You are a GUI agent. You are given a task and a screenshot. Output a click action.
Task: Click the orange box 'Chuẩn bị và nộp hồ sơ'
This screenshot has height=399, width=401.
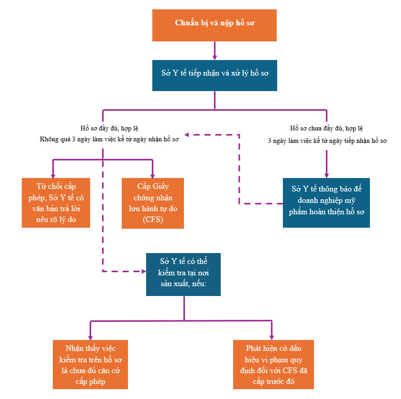pos(214,25)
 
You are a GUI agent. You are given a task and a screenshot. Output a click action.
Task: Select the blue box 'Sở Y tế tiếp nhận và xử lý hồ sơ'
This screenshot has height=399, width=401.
pos(214,76)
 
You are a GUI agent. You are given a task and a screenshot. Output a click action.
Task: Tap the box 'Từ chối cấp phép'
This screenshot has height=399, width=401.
pos(56,202)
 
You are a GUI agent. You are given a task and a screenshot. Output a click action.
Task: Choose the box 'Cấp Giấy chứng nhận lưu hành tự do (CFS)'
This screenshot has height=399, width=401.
pos(153,203)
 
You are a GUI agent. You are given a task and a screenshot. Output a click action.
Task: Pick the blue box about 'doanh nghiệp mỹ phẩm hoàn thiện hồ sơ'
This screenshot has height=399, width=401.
pos(326,202)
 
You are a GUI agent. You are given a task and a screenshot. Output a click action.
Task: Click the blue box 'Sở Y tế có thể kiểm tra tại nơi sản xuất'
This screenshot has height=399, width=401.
pos(183,274)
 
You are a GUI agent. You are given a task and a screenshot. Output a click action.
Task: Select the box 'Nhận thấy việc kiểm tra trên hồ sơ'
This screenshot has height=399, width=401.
pos(90,364)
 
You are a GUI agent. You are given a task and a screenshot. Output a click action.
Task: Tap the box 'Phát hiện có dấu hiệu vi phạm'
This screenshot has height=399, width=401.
pos(274,364)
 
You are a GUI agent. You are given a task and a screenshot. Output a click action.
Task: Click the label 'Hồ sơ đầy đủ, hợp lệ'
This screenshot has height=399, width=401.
pos(109,128)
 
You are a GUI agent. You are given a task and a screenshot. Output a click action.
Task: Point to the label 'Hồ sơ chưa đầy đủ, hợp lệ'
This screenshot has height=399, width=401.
pos(326,128)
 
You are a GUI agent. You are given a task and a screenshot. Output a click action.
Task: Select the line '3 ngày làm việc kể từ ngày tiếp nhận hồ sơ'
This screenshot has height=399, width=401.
pos(327,141)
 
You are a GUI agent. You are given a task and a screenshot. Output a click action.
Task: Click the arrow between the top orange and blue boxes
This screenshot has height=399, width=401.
pos(214,51)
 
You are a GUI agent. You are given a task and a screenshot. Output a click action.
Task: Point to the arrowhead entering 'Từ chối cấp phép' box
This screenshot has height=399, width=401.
pos(53,176)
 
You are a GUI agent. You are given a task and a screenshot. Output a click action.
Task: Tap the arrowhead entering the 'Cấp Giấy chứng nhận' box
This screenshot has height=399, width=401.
pos(153,176)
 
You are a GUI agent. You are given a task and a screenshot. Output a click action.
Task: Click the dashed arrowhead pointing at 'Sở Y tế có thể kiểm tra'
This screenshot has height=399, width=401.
pos(144,271)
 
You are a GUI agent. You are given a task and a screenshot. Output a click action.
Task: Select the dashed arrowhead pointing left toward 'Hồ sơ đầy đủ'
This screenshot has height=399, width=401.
pos(187,135)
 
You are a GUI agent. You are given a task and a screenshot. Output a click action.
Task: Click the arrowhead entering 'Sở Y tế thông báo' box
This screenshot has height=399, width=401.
pos(326,175)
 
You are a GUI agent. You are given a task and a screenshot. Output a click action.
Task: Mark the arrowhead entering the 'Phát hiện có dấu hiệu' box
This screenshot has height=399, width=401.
pos(271,338)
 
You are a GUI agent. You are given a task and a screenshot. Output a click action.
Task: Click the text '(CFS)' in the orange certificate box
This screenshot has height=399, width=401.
pos(153,219)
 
